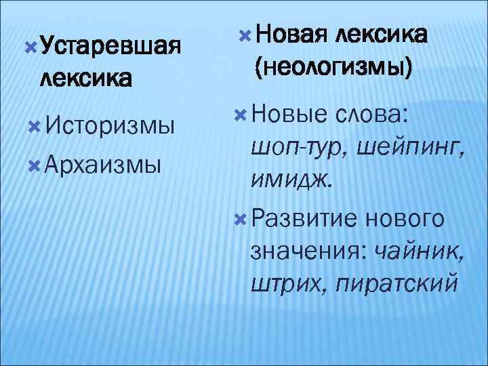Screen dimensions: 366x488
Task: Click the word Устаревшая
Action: [111, 47]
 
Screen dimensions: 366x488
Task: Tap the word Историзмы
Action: [108, 125]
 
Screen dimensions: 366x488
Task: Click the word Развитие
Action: [304, 218]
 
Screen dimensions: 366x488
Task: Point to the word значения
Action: [306, 250]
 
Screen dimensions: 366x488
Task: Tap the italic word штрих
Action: [284, 281]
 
